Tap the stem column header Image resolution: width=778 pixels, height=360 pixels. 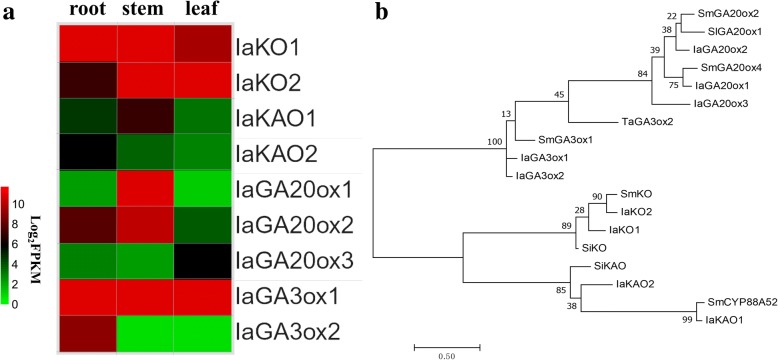click(x=145, y=11)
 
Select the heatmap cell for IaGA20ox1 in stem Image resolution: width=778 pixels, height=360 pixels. click(x=145, y=190)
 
